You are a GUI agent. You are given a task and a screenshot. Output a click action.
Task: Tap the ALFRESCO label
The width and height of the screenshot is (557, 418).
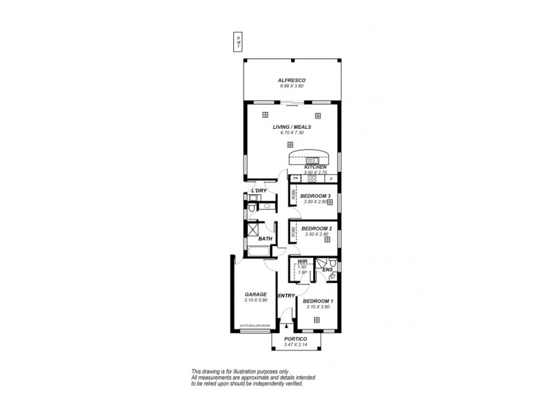292,80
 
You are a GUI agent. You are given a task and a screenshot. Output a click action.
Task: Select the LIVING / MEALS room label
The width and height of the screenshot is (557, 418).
292,127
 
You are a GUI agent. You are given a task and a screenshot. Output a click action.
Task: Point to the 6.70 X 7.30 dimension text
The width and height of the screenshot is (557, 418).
292,134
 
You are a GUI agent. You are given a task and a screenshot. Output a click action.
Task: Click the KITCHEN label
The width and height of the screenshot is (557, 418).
315,167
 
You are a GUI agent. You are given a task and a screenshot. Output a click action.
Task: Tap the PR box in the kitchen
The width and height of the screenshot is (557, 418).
295,178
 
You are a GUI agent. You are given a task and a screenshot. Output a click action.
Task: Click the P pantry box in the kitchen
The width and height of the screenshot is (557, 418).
332,178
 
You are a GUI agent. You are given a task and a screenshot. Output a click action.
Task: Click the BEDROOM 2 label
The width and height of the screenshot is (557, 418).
315,229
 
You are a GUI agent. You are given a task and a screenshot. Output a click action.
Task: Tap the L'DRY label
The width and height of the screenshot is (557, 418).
259,191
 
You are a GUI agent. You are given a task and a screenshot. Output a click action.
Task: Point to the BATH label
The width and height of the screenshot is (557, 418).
265,239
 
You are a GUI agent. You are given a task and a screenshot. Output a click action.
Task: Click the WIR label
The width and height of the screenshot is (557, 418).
302,261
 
